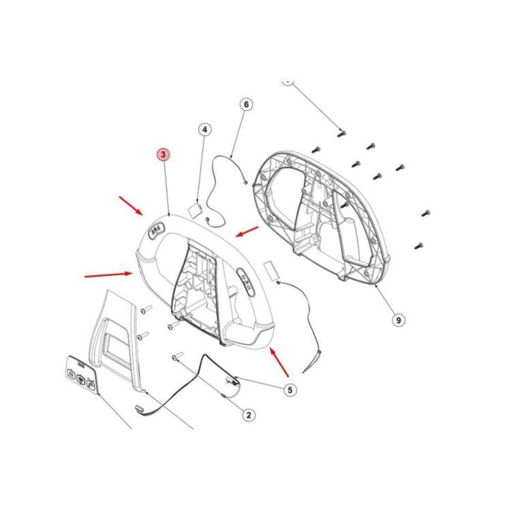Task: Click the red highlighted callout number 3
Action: point(164,155)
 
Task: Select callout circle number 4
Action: point(204,129)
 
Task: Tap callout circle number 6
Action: point(246,104)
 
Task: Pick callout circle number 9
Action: point(399,320)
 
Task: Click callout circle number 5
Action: point(290,390)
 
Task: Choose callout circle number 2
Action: point(249,415)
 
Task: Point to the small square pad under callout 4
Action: point(196,210)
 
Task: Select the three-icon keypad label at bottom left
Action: point(82,375)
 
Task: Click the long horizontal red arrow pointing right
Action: point(108,275)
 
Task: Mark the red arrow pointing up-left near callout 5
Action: point(279,362)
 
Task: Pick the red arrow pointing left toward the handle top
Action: point(247,232)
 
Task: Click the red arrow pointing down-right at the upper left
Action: point(131,206)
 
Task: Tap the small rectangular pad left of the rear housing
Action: point(270,269)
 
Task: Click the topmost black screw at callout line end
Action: point(341,133)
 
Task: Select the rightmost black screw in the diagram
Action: point(426,213)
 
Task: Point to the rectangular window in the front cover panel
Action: point(115,347)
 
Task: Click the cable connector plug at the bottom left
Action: point(140,408)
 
